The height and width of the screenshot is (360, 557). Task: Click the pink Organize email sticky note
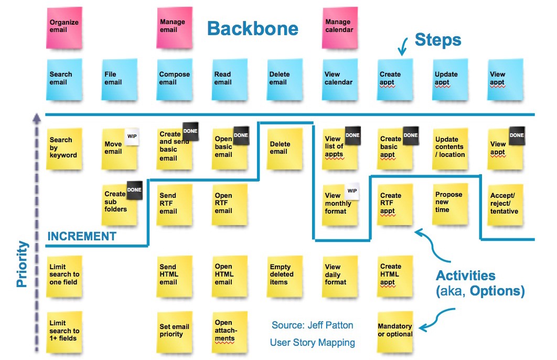[65, 27]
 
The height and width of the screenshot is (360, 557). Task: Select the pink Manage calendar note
[340, 27]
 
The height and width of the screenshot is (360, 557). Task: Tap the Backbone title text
[252, 29]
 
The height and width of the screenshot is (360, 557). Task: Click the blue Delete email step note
[284, 79]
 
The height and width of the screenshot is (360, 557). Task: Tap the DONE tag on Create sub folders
[134, 190]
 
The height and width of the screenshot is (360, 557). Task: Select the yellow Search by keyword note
[65, 149]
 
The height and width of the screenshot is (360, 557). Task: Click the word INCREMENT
[82, 237]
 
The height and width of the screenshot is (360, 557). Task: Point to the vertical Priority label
[22, 264]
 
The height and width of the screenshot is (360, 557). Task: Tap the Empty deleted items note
[284, 275]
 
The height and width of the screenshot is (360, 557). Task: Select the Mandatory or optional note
[395, 331]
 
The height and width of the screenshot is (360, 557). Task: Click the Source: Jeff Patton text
[312, 325]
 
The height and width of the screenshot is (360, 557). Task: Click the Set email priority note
[175, 331]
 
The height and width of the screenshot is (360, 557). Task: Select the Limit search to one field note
[65, 275]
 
